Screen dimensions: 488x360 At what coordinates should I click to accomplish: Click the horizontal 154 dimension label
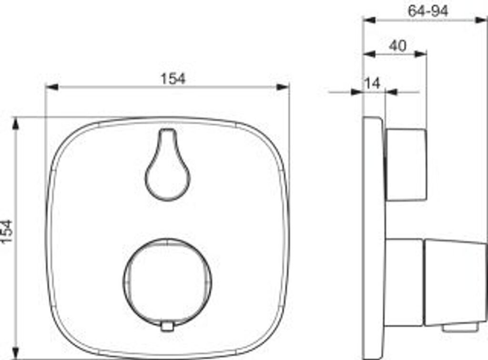pos(173,79)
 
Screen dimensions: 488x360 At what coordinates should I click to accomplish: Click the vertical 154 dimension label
pos(6,232)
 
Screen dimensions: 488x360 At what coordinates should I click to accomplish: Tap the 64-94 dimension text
pos(428,11)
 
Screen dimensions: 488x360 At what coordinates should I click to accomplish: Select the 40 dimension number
pos(398,46)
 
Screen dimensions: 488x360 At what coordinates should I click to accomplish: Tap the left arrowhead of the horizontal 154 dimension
pos(51,87)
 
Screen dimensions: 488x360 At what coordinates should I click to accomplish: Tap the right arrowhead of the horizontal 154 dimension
pos(283,87)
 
